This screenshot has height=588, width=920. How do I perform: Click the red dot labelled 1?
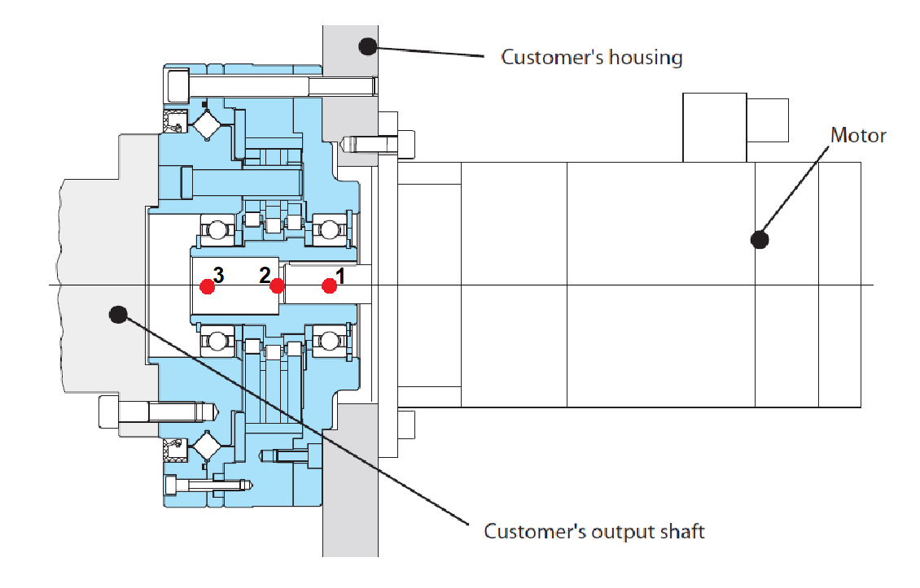[x=329, y=285]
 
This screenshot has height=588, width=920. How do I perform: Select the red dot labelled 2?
[x=278, y=285]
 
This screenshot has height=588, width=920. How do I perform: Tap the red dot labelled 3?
[x=208, y=285]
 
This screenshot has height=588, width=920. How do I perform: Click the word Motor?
[x=858, y=135]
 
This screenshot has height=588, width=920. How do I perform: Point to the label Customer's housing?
[x=591, y=58]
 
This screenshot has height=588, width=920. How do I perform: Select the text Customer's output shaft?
[x=594, y=532]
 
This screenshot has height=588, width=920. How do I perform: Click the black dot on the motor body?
[x=760, y=239]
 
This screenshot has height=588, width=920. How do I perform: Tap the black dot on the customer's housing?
[x=367, y=46]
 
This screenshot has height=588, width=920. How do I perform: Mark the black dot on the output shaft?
[x=119, y=313]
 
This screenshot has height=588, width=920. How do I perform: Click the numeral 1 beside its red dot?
[x=341, y=277]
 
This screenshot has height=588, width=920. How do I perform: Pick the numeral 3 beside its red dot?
[x=219, y=275]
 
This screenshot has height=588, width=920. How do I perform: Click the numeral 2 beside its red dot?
[x=265, y=275]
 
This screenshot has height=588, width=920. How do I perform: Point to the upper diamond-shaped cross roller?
[x=207, y=124]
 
